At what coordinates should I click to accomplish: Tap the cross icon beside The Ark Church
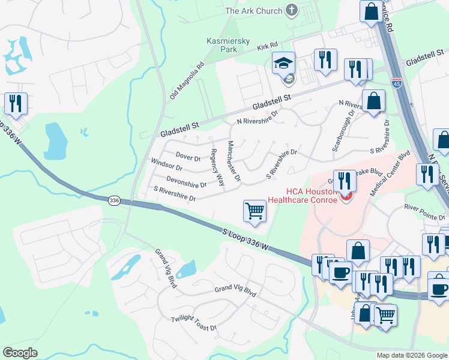pyautogui.click(x=292, y=10)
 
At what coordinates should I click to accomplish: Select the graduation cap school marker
pyautogui.click(x=284, y=63)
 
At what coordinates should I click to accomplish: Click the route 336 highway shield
pyautogui.click(x=115, y=200)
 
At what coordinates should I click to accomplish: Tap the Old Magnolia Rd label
pyautogui.click(x=187, y=80)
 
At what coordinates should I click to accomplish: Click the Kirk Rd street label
pyautogui.click(x=267, y=46)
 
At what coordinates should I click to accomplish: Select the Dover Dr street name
pyautogui.click(x=188, y=157)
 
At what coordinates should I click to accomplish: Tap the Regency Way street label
pyautogui.click(x=217, y=167)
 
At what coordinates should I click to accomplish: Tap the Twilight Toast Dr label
pyautogui.click(x=193, y=323)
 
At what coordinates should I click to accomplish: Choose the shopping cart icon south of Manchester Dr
pyautogui.click(x=255, y=211)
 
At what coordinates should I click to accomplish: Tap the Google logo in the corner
pyautogui.click(x=20, y=352)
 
